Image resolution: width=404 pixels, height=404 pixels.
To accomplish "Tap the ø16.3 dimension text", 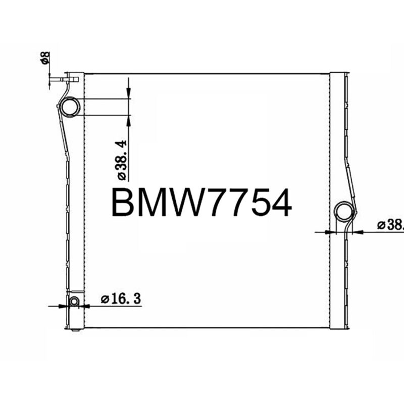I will pyautogui.click(x=121, y=299).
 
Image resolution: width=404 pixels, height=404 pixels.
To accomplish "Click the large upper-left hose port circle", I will pyautogui.click(x=70, y=107).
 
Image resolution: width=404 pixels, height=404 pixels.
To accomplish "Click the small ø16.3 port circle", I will pyautogui.click(x=74, y=301).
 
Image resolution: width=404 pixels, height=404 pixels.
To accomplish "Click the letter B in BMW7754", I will pyautogui.click(x=123, y=203).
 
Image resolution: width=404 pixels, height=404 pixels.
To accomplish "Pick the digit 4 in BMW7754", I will pyautogui.click(x=279, y=203).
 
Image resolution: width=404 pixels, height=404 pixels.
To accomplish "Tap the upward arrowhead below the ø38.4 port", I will pyautogui.click(x=129, y=120).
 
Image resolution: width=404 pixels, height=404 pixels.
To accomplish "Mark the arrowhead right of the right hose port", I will pyautogui.click(x=359, y=232).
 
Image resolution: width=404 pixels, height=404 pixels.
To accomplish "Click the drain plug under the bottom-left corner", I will pyautogui.click(x=75, y=330).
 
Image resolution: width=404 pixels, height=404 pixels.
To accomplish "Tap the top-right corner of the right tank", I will pyautogui.click(x=347, y=74).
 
